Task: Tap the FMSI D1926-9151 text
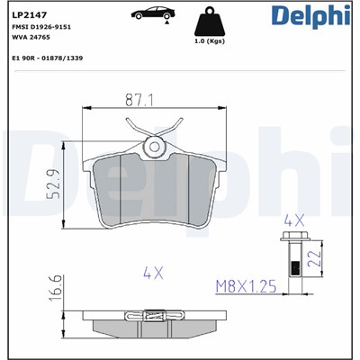tap(41, 28)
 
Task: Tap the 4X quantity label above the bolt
tap(294, 218)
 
